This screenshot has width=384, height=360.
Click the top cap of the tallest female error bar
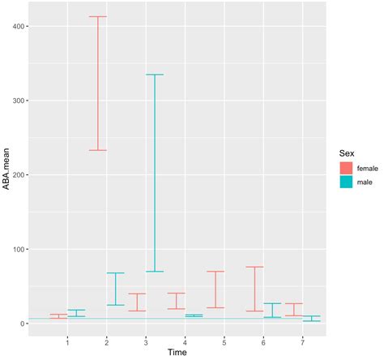click(97, 16)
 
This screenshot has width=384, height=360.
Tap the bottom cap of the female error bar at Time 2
click(97, 150)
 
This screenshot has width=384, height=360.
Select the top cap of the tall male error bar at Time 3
click(154, 75)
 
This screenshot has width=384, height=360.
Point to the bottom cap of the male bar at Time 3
click(154, 272)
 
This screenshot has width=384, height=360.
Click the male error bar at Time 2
click(115, 289)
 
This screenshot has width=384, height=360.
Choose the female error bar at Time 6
click(254, 289)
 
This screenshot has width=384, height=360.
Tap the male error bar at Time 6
click(272, 310)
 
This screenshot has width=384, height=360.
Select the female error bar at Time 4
click(176, 301)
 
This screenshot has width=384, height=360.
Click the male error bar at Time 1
click(76, 313)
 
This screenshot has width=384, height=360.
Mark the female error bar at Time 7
click(293, 310)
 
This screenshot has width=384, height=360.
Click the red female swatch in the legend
click(347, 167)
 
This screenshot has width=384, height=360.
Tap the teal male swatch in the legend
click(347, 182)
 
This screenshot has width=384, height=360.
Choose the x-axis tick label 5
click(224, 341)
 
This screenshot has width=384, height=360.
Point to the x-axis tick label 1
click(67, 341)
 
